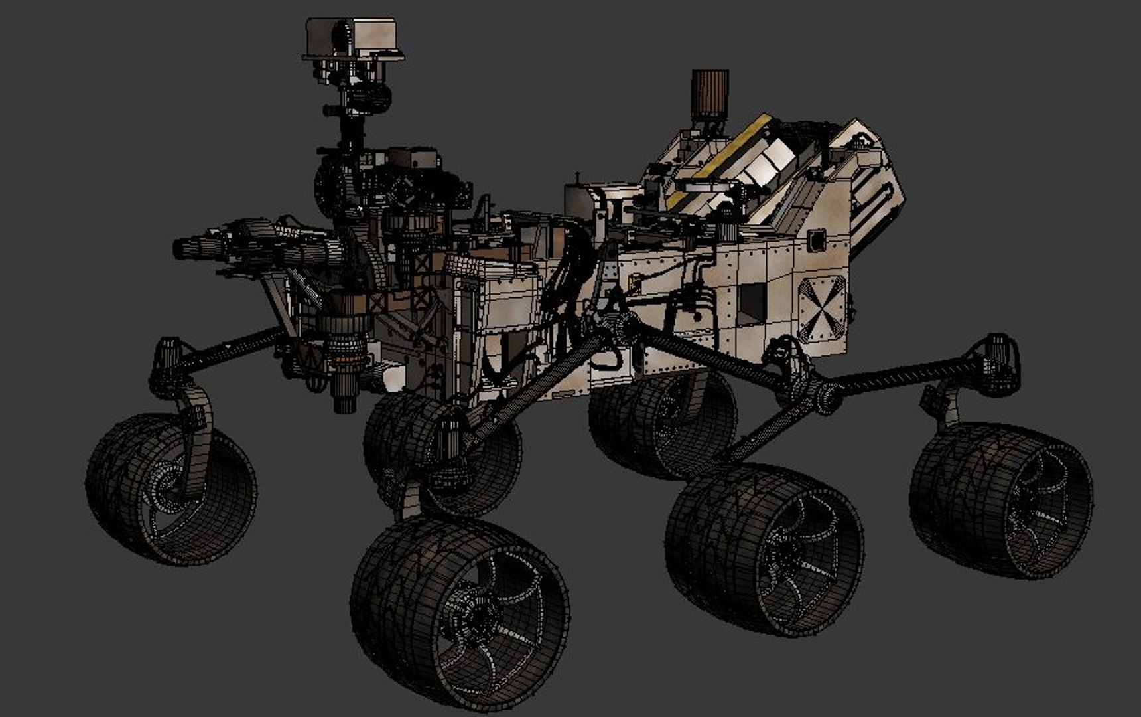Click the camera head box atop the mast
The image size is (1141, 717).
[x=354, y=39]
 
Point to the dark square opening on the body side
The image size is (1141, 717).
[x=752, y=304]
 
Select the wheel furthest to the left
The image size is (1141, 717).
[x=171, y=488]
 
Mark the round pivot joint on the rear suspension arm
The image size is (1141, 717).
[x=826, y=398]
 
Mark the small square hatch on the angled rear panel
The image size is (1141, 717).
[x=817, y=240]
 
